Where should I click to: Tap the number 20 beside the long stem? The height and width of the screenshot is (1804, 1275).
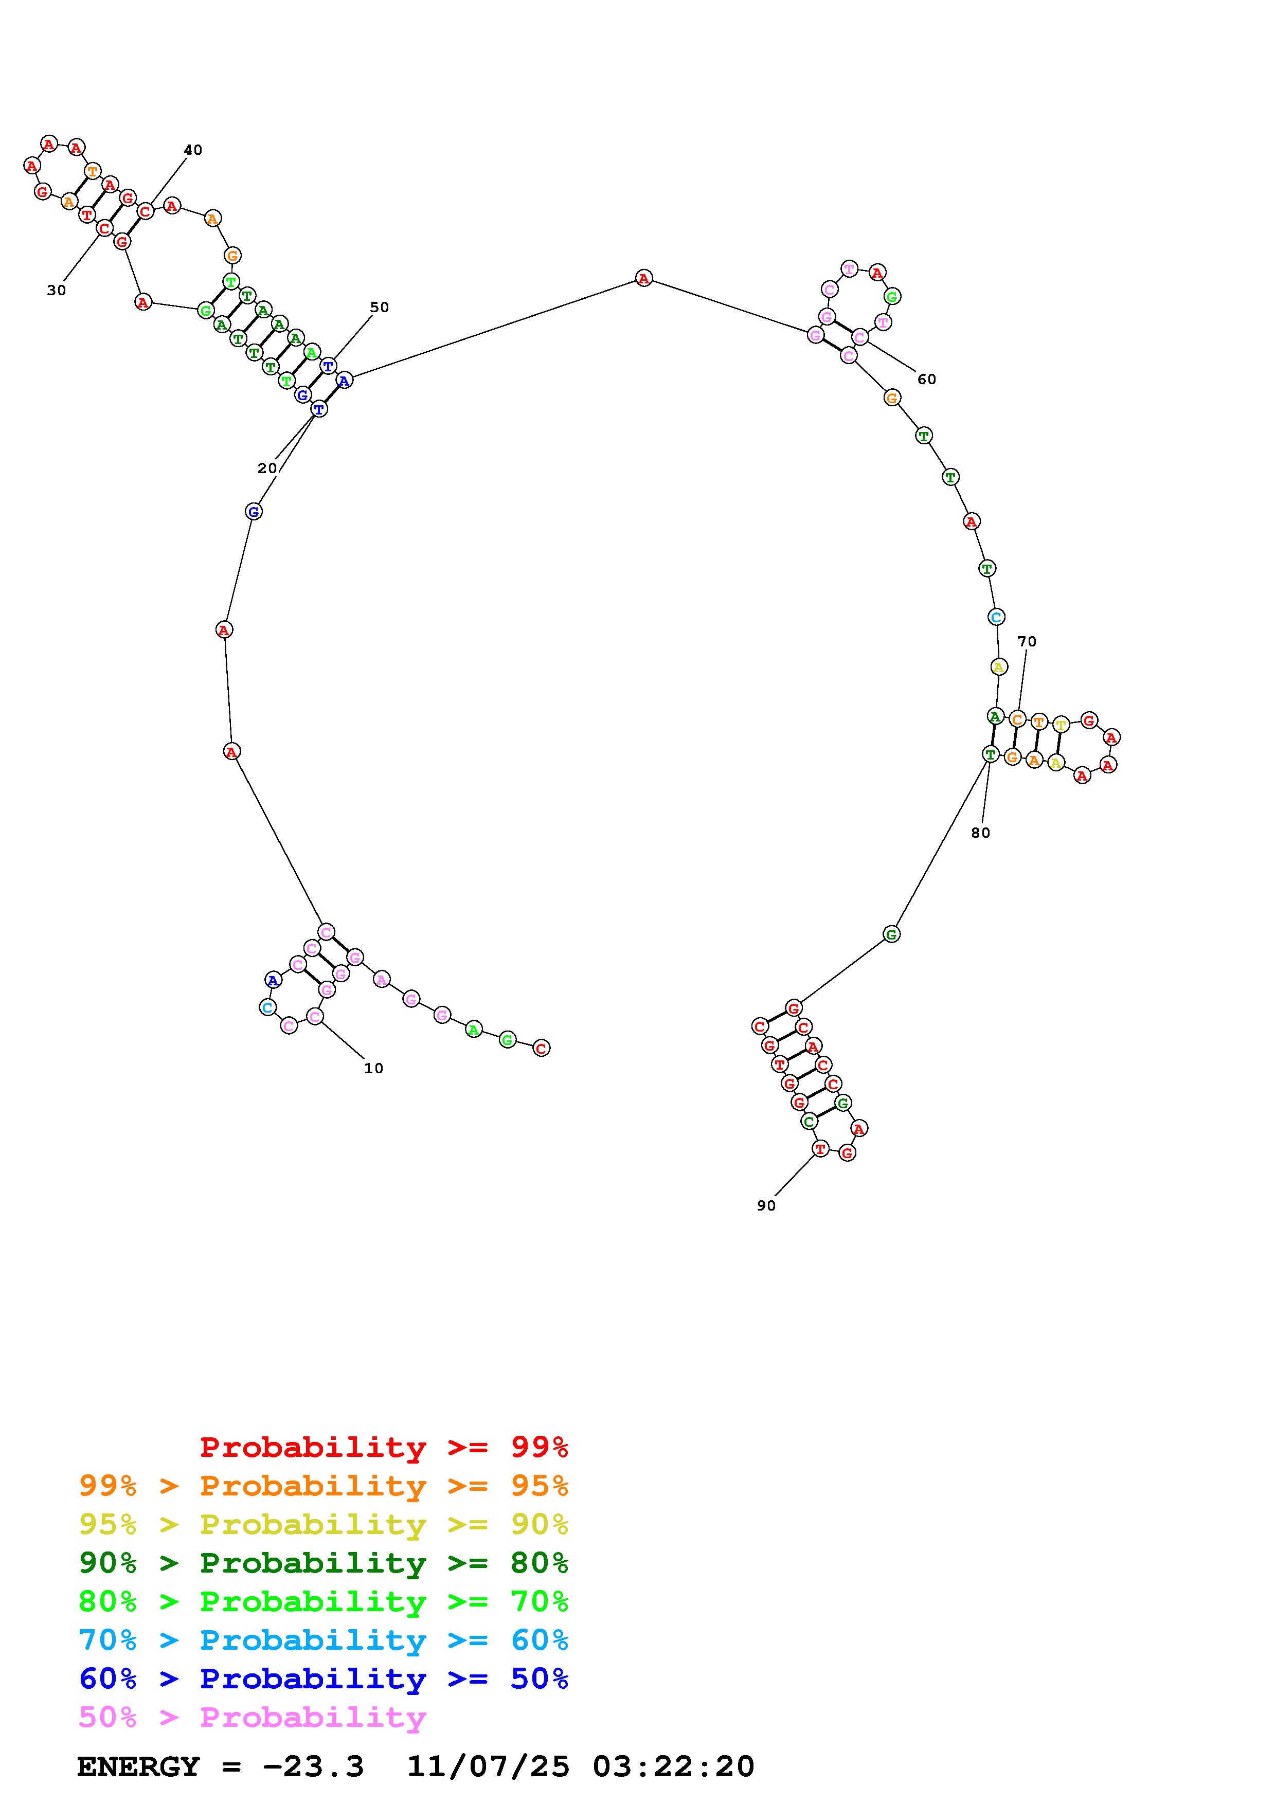tap(267, 468)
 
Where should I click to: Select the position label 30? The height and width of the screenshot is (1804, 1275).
tap(57, 290)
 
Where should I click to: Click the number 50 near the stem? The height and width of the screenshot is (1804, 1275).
tap(380, 307)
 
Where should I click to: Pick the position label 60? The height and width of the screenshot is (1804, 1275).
tap(927, 380)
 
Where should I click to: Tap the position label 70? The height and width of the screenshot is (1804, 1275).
tap(1027, 641)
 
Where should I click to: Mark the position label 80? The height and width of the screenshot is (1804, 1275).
tap(980, 833)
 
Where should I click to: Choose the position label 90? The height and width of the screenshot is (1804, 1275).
tap(766, 1205)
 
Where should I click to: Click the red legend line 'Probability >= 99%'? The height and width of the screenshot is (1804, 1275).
tap(384, 1447)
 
